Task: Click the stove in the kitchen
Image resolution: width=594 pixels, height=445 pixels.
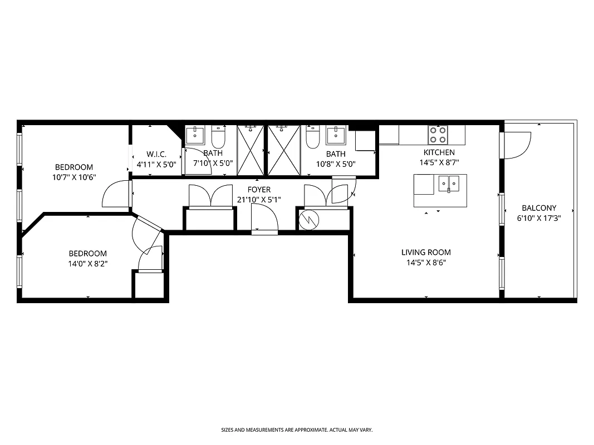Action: tap(437, 135)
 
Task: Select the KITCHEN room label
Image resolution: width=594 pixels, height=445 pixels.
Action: tap(439, 152)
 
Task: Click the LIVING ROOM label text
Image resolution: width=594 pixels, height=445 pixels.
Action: tap(426, 252)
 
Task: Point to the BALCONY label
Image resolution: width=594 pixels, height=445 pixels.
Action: tap(539, 208)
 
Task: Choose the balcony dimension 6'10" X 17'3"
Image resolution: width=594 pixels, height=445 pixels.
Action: tap(539, 219)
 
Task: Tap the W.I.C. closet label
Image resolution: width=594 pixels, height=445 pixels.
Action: tap(156, 154)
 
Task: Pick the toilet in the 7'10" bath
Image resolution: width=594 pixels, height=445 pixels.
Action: tap(218, 136)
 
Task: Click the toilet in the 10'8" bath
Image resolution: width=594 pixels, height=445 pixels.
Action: tap(312, 137)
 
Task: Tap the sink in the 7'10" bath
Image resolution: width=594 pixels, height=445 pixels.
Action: tap(195, 133)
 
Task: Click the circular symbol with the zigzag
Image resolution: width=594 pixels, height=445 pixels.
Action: tap(307, 220)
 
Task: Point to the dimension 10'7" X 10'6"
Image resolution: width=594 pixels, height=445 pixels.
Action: tap(73, 177)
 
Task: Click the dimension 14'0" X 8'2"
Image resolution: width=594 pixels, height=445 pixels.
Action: tap(87, 264)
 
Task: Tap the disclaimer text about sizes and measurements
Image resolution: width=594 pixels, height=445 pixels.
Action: tap(297, 430)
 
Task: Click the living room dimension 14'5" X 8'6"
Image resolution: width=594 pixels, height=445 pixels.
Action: tap(426, 263)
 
